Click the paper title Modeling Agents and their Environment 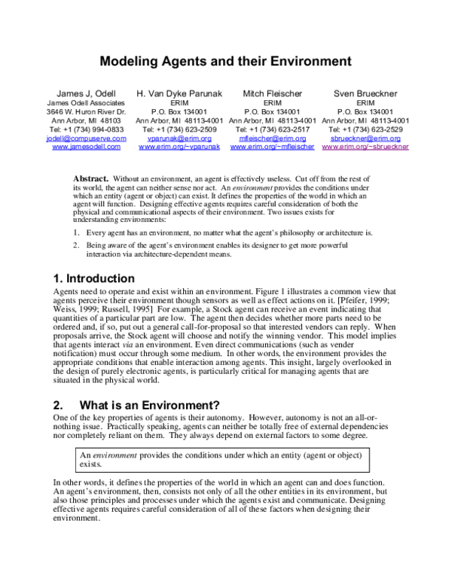point(226,59)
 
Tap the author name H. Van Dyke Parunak point(179,93)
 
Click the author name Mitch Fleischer point(272,93)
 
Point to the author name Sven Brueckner point(365,93)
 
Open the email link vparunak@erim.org point(179,138)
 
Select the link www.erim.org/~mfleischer point(272,148)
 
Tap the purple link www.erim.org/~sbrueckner point(365,148)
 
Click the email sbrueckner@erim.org point(365,138)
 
